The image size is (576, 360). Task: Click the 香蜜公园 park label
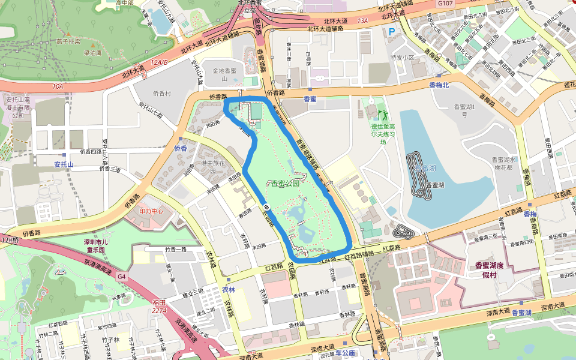click(284, 184)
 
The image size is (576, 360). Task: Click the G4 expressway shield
click(122, 277)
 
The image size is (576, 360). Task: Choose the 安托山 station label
click(63, 164)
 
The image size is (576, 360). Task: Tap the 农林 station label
click(229, 289)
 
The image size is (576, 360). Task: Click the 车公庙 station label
click(345, 353)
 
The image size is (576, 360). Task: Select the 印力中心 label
click(151, 211)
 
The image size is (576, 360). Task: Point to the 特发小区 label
click(403, 58)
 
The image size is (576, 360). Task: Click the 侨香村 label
click(162, 94)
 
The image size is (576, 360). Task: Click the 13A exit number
click(362, 20)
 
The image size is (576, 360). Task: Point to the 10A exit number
click(57, 86)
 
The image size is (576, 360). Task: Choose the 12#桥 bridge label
click(10, 240)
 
